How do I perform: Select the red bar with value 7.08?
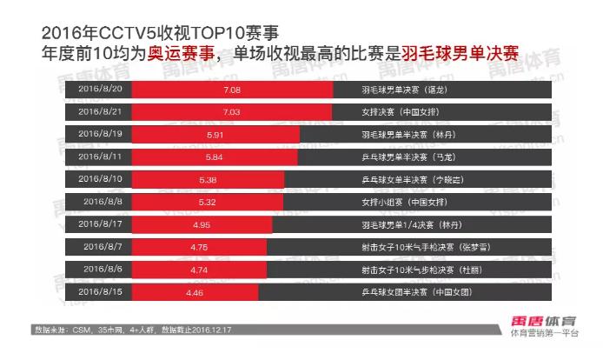(233, 90)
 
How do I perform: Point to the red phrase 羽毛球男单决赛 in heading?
(460, 53)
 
